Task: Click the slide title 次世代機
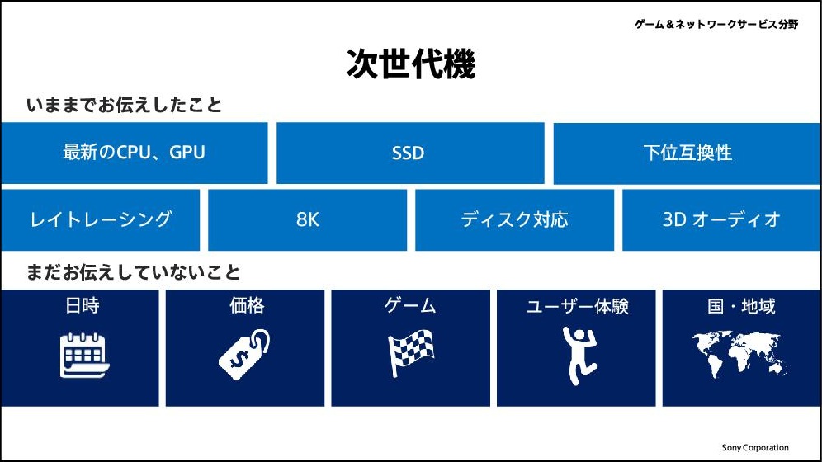pos(410,64)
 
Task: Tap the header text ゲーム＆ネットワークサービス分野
pos(716,24)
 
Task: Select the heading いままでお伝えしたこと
pos(125,105)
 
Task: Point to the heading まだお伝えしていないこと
pos(133,272)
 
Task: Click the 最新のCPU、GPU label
pos(135,153)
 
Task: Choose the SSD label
pos(408,153)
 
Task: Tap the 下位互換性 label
pos(687,153)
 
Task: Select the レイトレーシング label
pos(101,219)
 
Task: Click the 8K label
pos(307,219)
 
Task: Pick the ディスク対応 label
pos(514,219)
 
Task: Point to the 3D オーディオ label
pos(721,219)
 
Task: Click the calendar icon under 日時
pos(84,355)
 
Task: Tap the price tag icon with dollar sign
pos(244,354)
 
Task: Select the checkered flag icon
pos(410,353)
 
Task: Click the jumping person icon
pos(579,356)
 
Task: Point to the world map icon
pos(740,354)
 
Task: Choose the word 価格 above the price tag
pos(247,305)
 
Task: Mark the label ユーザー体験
pos(577,306)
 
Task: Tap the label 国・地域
pos(741,306)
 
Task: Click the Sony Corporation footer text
pos(755,447)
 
